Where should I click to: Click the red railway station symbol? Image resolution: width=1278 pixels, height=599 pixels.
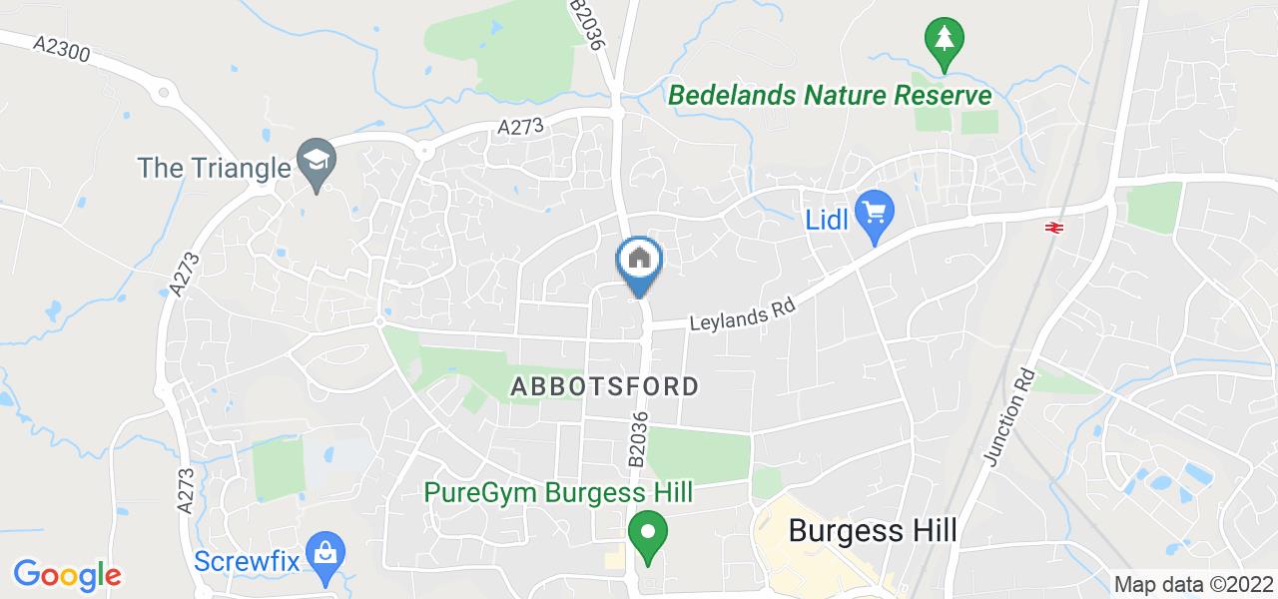coord(1052,229)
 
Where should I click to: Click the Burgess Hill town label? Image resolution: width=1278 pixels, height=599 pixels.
coord(873,530)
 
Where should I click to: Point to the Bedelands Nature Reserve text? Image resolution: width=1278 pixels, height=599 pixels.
coord(830,96)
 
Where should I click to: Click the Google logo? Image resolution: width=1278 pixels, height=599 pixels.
coord(67,575)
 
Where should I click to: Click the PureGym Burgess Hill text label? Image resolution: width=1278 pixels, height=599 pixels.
coord(558,493)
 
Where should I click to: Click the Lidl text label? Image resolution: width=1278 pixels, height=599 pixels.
coord(828,217)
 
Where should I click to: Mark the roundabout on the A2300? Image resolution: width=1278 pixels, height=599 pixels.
coord(163,95)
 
